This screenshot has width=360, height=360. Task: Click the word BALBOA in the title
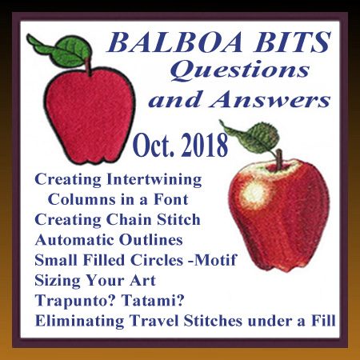coord(174,42)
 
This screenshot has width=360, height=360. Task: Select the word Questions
coord(240,70)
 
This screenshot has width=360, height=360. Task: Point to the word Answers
coord(270,100)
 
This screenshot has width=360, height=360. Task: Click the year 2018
coord(205,146)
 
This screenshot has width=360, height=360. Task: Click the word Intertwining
coord(154,180)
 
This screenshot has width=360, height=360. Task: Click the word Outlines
coord(151,240)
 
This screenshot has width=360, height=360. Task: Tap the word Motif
coord(216,260)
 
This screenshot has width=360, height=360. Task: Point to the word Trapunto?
coord(75,301)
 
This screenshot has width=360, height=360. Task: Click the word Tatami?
coord(153,300)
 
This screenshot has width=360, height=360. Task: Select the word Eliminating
coord(79,321)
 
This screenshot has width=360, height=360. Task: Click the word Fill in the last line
coord(323,320)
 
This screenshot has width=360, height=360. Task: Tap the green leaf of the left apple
coord(62,50)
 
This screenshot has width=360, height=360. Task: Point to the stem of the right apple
coord(279,159)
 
